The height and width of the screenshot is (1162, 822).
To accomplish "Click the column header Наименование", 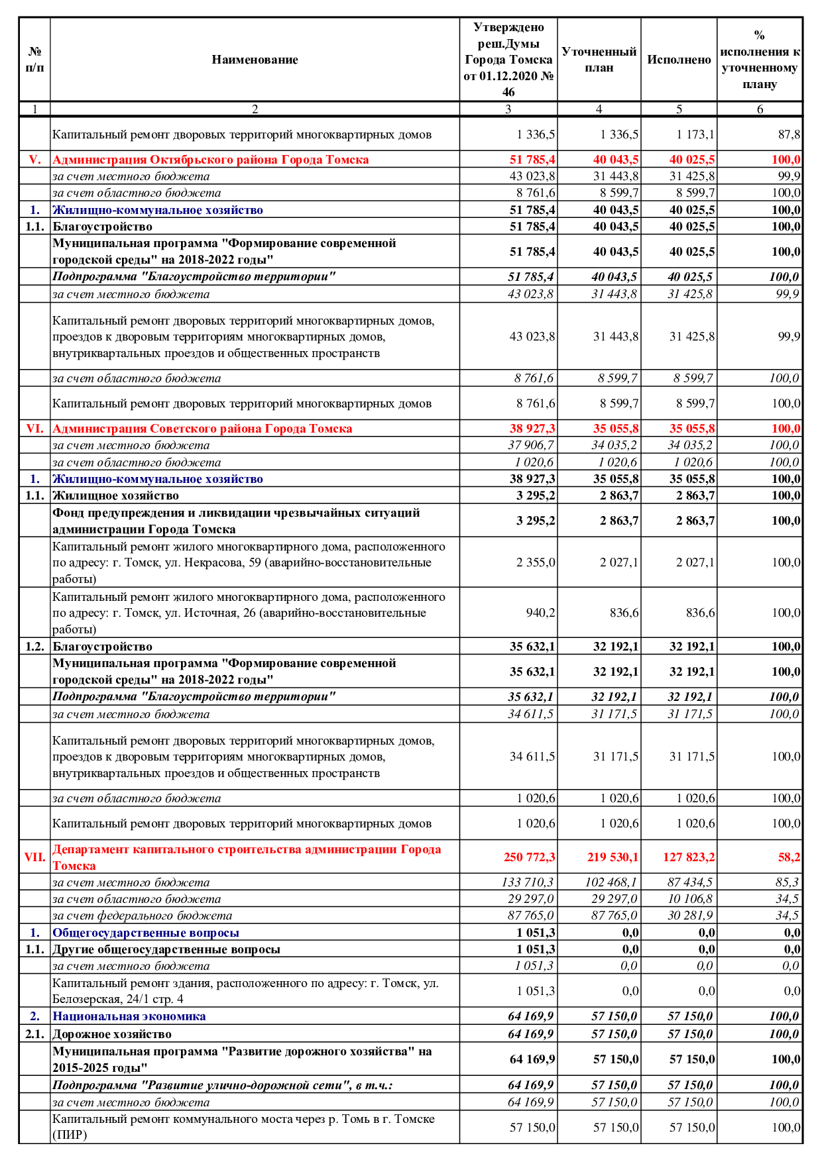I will [x=255, y=60].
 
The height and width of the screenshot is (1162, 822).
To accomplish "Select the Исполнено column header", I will [x=679, y=60].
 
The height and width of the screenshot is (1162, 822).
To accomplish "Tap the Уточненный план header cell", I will [x=599, y=60].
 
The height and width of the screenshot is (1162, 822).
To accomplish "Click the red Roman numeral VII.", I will [x=34, y=857].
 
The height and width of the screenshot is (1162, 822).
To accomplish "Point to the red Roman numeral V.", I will [x=34, y=160].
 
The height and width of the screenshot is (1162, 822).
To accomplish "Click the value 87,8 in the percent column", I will [x=789, y=134].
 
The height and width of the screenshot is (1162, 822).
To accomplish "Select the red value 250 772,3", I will [x=529, y=857].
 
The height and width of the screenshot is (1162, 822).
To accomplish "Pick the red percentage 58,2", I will [x=789, y=857].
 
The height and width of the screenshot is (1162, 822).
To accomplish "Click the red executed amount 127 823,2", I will [x=689, y=857].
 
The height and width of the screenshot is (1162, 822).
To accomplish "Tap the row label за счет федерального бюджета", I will [x=143, y=916].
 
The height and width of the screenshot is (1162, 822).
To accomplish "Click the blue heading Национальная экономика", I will [x=129, y=1016].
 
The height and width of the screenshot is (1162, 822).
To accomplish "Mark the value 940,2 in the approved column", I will [x=540, y=613].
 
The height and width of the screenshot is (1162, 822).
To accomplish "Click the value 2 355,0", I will [x=536, y=562].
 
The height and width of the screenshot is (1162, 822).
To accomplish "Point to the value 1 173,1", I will [x=695, y=134].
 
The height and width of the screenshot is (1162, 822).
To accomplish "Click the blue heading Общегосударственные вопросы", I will [x=146, y=933].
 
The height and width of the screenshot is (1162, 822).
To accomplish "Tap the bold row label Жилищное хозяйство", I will [x=115, y=496].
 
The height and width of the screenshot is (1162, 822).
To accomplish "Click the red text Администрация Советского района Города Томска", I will [x=202, y=429].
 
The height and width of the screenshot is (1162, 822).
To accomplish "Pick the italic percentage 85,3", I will [x=787, y=882].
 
